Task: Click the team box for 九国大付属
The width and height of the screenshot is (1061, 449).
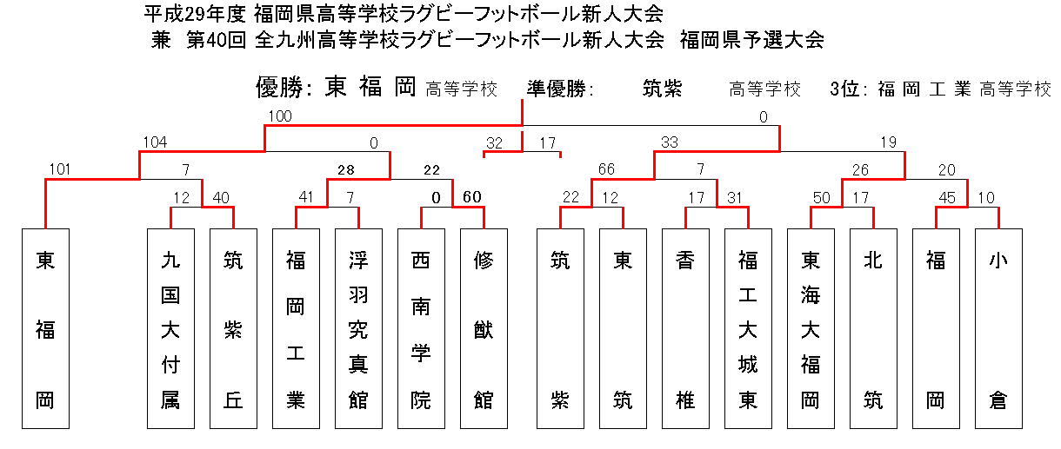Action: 170,328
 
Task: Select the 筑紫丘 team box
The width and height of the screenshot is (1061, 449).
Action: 233,328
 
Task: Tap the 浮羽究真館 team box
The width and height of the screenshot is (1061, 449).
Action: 358,328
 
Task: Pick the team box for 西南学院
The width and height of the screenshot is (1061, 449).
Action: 421,328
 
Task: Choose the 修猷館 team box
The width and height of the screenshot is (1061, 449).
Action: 484,328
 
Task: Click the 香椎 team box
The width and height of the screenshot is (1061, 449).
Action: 685,328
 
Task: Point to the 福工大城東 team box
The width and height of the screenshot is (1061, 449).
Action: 748,328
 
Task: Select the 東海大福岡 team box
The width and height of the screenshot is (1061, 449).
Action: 811,328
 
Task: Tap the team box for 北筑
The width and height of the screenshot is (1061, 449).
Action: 873,328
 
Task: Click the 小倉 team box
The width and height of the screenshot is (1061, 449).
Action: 998,328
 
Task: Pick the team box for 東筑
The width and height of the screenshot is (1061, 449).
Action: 623,328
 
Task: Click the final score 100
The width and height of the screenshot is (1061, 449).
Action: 280,116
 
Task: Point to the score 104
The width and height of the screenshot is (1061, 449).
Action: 155,142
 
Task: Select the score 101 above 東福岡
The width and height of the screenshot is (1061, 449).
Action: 60,168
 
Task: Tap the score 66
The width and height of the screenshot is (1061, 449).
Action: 606,168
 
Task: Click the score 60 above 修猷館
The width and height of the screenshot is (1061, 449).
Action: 471,197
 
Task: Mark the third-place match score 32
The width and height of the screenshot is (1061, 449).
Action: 494,143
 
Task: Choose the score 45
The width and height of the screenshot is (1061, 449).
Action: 947,197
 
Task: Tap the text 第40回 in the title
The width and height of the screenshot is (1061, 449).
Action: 217,40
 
